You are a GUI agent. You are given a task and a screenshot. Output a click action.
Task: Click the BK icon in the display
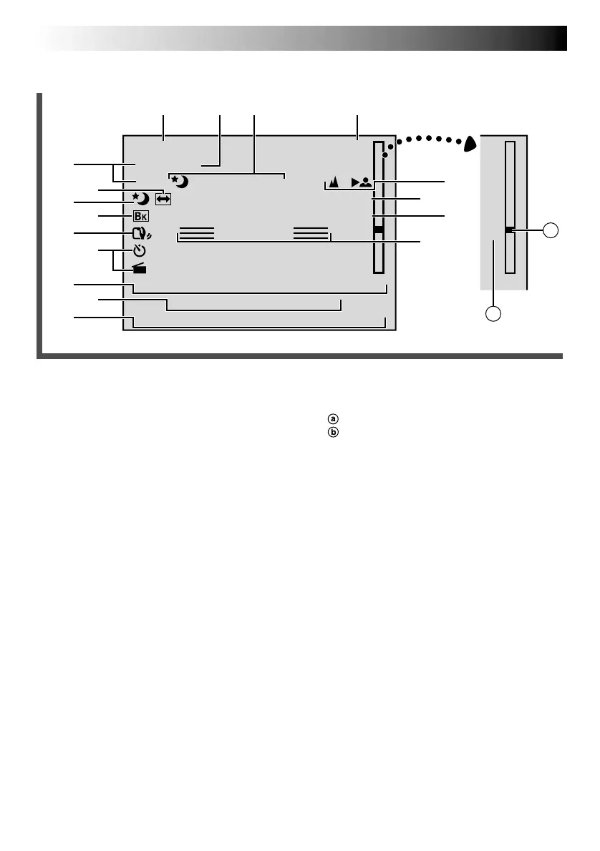pyautogui.click(x=140, y=215)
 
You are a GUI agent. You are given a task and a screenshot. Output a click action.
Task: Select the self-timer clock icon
pyautogui.click(x=140, y=251)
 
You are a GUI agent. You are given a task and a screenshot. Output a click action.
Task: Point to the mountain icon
pyautogui.click(x=333, y=182)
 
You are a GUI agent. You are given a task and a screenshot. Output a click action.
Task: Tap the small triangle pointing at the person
pyautogui.click(x=354, y=182)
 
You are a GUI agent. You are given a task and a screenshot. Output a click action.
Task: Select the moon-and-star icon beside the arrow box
pyautogui.click(x=140, y=198)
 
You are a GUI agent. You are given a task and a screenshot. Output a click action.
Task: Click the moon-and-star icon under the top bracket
pyautogui.click(x=180, y=181)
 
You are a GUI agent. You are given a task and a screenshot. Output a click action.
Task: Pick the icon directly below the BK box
pyautogui.click(x=140, y=233)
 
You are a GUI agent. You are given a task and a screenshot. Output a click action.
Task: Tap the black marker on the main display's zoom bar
pyautogui.click(x=379, y=230)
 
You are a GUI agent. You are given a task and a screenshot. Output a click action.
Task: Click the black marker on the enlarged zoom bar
pyautogui.click(x=509, y=230)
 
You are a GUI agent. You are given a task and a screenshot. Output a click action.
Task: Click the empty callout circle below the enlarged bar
pyautogui.click(x=492, y=313)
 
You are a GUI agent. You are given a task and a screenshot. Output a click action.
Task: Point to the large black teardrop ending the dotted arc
pyautogui.click(x=470, y=144)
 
